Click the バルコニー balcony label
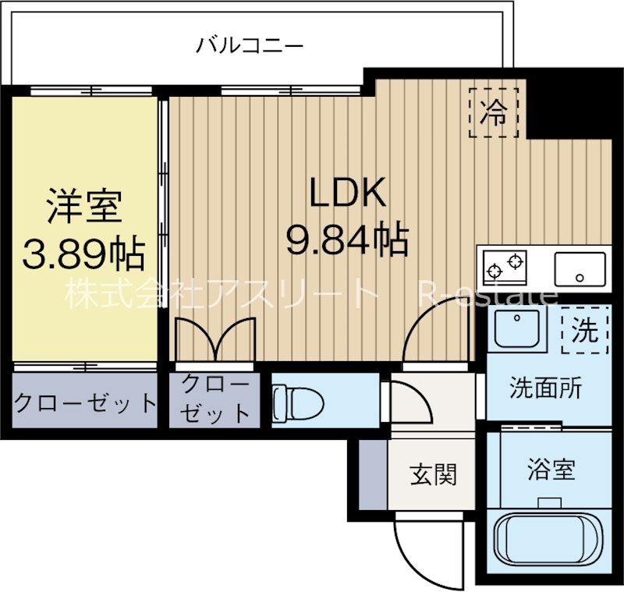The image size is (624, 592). [x=250, y=45]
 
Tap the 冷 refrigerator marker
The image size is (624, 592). [x=494, y=112]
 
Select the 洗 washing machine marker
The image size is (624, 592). [x=585, y=330]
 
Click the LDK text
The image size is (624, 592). [x=347, y=193]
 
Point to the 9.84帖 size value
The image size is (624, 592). [x=347, y=240]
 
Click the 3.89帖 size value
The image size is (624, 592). [x=83, y=253]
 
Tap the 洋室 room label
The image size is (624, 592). [x=84, y=207]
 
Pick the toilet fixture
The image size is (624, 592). [x=298, y=402]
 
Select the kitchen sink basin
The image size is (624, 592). [x=580, y=268]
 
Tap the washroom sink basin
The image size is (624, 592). [x=517, y=328]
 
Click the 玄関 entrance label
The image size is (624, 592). [x=434, y=474]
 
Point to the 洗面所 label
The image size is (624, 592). [x=545, y=387]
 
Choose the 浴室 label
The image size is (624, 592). [x=551, y=469]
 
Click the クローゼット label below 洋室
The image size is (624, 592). [x=85, y=402]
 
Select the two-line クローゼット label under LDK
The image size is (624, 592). [x=215, y=399]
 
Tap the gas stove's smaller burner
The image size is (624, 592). [x=495, y=271]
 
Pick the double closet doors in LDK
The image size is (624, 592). [x=215, y=339]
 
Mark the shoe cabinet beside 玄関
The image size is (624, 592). [x=373, y=474]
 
